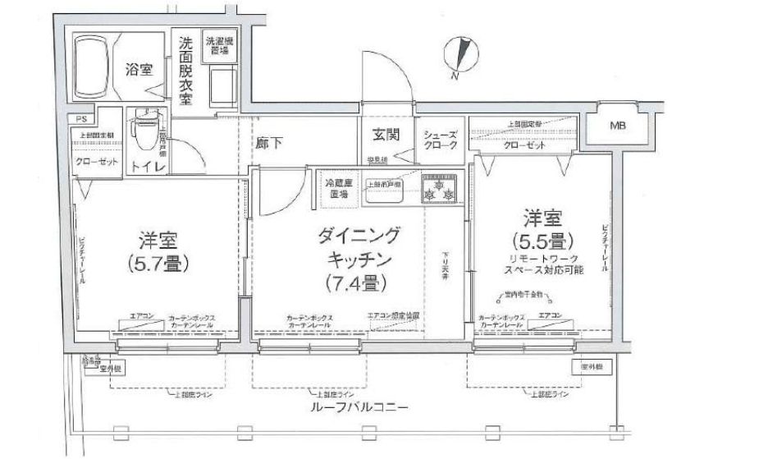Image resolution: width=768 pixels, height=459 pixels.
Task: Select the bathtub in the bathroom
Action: tap(89, 68)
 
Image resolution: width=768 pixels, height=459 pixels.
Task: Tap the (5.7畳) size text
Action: tap(158, 264)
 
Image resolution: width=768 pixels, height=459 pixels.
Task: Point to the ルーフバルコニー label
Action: tap(354, 406)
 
